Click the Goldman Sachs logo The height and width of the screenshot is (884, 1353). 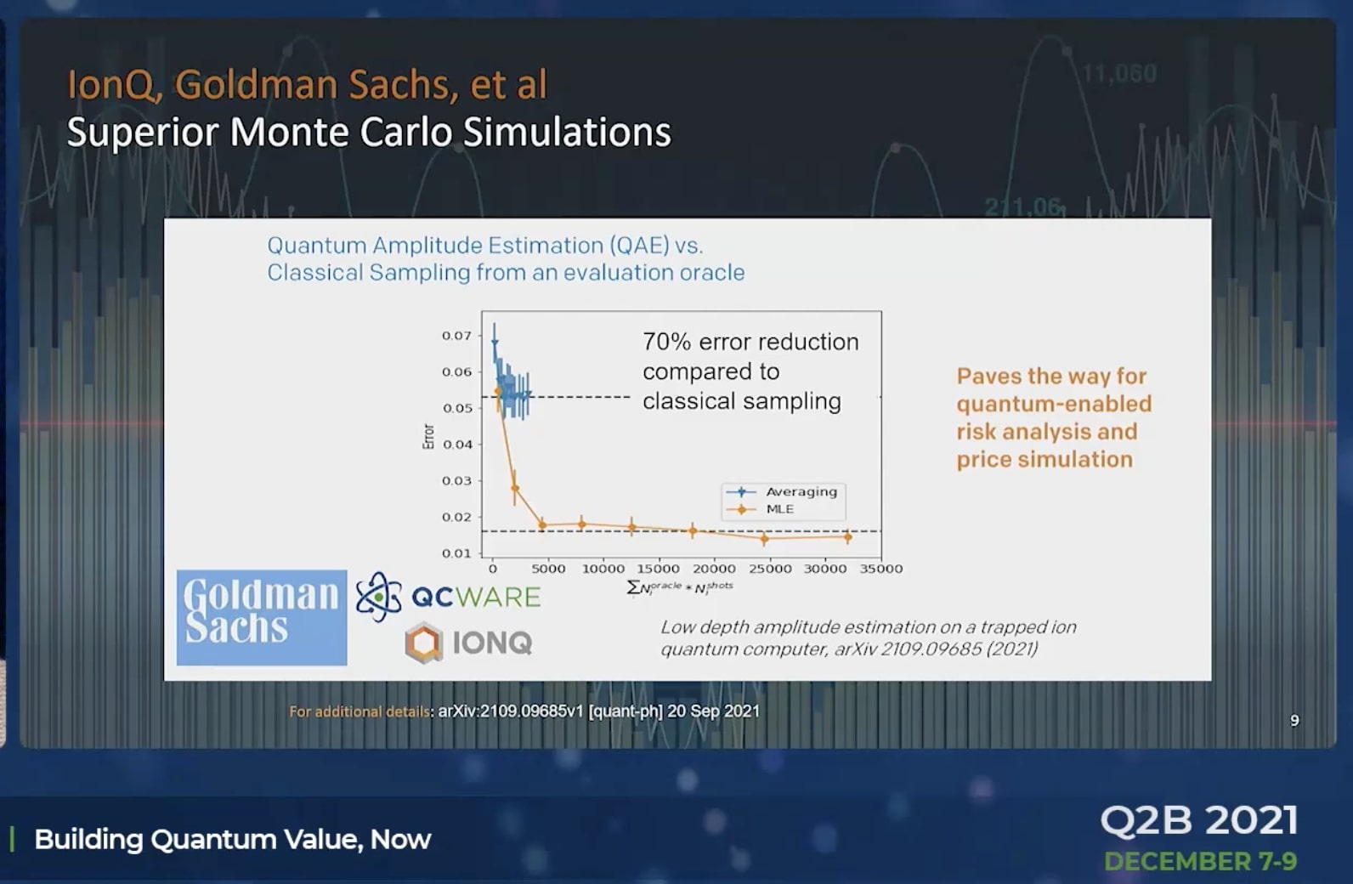(x=262, y=618)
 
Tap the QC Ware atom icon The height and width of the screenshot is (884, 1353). (x=379, y=597)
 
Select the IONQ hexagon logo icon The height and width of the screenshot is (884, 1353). (x=423, y=643)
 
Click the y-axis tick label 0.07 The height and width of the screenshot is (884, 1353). (x=456, y=336)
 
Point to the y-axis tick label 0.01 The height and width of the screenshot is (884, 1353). (x=456, y=553)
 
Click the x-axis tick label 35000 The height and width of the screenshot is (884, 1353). (x=881, y=569)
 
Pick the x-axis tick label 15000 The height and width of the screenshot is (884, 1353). (x=659, y=569)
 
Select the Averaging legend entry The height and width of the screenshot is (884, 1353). (x=783, y=492)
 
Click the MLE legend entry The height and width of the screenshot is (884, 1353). (x=761, y=509)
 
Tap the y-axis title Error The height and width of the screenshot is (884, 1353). (x=428, y=436)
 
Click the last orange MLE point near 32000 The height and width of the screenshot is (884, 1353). (x=848, y=536)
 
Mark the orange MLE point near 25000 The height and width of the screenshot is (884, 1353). (x=765, y=538)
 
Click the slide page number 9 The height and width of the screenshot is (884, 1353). (x=1294, y=720)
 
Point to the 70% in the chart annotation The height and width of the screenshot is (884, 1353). (x=667, y=342)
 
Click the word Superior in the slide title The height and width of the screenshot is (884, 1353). (x=143, y=133)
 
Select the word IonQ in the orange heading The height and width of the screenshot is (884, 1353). (x=111, y=85)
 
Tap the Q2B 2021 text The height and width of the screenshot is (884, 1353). (x=1199, y=820)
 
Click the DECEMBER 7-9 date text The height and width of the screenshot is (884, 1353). (x=1201, y=862)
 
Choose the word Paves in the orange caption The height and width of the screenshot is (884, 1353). (x=988, y=377)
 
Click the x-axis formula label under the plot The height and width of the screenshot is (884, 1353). (x=680, y=587)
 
